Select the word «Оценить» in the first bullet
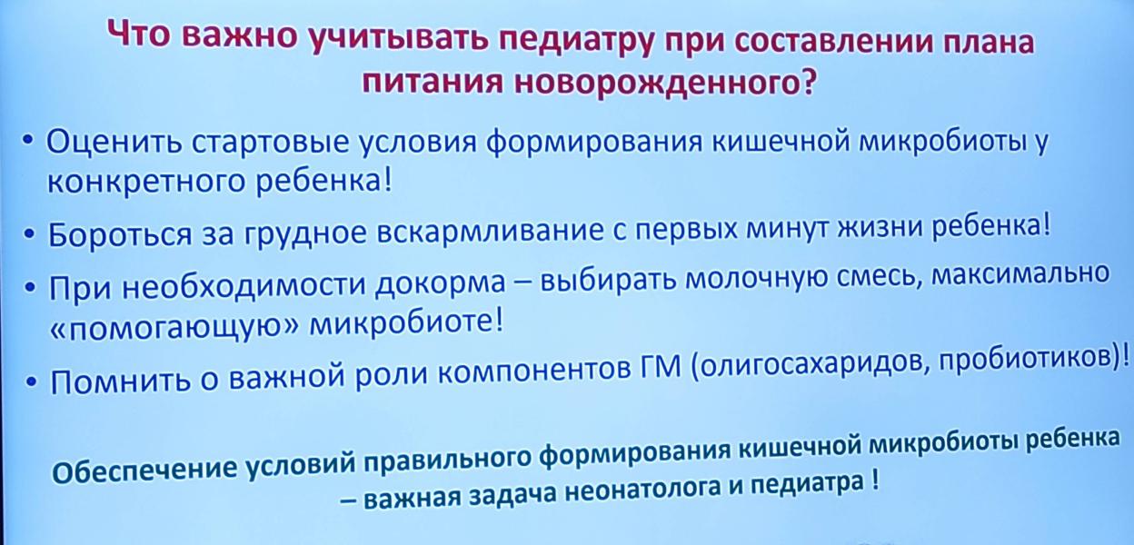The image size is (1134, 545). click(x=114, y=143)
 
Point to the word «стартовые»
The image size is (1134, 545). click(x=270, y=144)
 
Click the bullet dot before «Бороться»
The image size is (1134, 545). click(x=30, y=233)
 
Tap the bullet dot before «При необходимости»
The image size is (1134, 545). click(x=32, y=287)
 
